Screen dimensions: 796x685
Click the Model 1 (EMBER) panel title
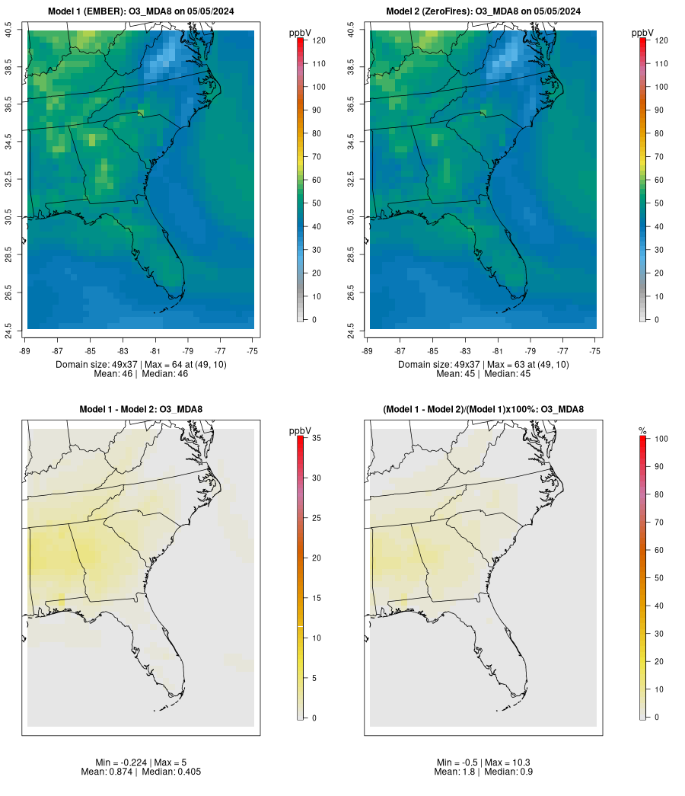click(x=141, y=11)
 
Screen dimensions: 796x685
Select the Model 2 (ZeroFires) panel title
click(x=483, y=11)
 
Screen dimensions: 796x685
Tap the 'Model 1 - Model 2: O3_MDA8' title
click(x=141, y=410)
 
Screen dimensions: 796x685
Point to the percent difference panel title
click(x=483, y=410)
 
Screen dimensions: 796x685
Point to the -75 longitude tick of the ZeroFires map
click(x=595, y=350)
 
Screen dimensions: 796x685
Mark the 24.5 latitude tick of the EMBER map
click(x=8, y=329)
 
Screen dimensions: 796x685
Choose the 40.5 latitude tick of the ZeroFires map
click(x=351, y=30)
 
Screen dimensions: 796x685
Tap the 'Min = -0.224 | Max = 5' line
click(x=141, y=762)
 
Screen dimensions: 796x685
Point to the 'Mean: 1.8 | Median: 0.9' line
click(x=483, y=772)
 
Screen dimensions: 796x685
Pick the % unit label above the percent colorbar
click(x=642, y=431)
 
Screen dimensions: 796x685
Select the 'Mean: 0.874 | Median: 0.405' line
click(x=141, y=772)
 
